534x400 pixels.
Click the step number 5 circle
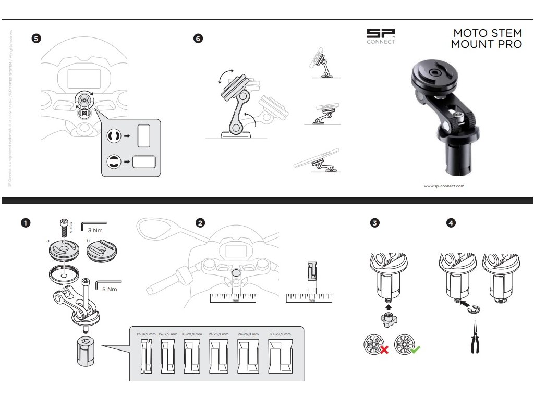click(35, 39)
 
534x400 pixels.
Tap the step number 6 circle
click(198, 39)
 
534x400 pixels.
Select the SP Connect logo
click(381, 36)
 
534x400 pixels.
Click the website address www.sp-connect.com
click(444, 186)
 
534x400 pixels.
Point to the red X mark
click(384, 349)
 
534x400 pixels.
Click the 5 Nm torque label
click(109, 289)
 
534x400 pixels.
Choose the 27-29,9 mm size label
click(281, 334)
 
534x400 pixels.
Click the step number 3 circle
click(374, 223)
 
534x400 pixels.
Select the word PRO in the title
click(509, 44)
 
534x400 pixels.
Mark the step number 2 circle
click(200, 223)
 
